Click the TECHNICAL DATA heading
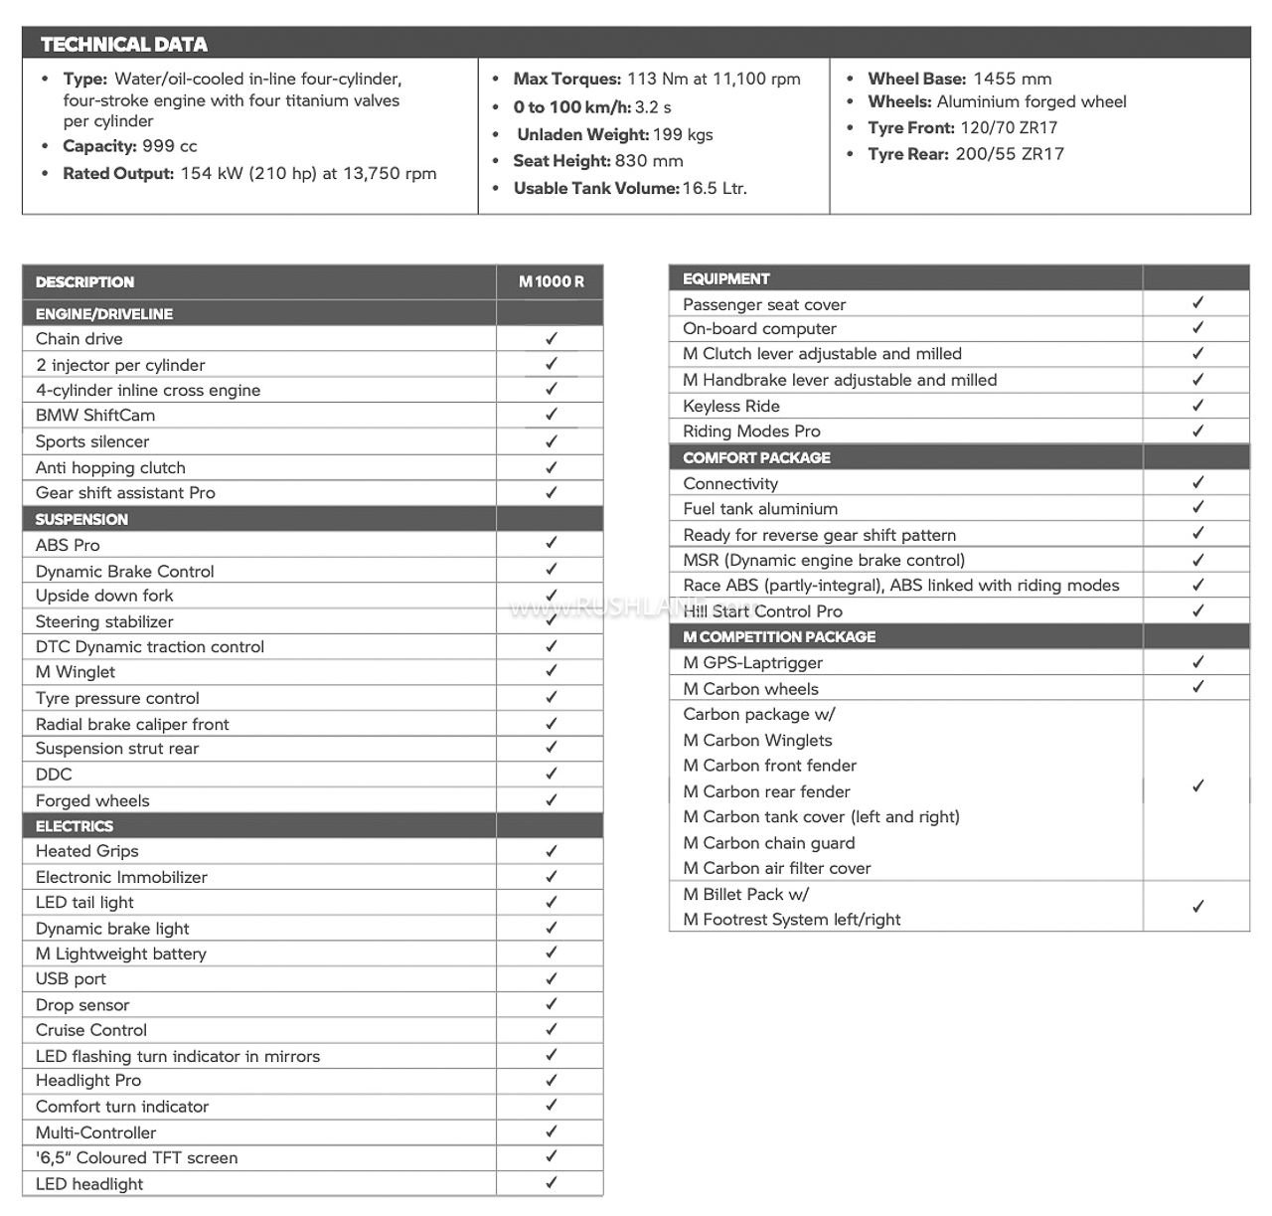coord(124,45)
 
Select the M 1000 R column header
coord(551,281)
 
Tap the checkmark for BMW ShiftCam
coord(551,415)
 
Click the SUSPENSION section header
coord(81,519)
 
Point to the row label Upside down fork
coord(104,596)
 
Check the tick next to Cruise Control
coord(551,1030)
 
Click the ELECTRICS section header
coord(75,826)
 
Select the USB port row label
coord(71,978)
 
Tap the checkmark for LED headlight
coord(551,1183)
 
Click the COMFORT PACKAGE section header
coord(756,457)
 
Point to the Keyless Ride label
coord(731,406)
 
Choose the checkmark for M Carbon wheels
coord(1197,687)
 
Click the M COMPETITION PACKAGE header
coord(779,636)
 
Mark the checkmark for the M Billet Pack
coord(1197,907)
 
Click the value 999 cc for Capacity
coord(170,146)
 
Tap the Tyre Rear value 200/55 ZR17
coord(1010,154)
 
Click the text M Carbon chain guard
coord(768,842)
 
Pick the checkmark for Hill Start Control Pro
coord(1197,610)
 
